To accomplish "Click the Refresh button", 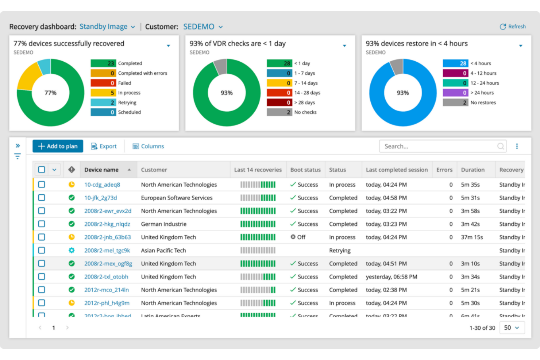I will (513, 27).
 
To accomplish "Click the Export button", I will (104, 146).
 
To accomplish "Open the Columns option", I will (148, 146).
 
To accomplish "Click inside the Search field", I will (438, 146).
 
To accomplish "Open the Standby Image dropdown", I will (107, 27).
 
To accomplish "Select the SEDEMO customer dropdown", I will (203, 27).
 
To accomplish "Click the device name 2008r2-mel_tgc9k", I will (107, 251).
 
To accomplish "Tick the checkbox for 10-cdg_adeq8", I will (42, 185).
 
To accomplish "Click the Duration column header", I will (472, 170).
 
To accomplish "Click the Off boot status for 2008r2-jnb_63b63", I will (298, 237).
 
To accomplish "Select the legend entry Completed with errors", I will (142, 73).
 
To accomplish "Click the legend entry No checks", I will (305, 112).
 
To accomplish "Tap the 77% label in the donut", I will (50, 93).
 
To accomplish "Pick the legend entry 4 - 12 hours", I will (483, 73).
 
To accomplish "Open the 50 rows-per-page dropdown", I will (512, 328).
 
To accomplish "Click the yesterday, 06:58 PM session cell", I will (391, 277).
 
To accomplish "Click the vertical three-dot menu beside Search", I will (517, 146).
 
